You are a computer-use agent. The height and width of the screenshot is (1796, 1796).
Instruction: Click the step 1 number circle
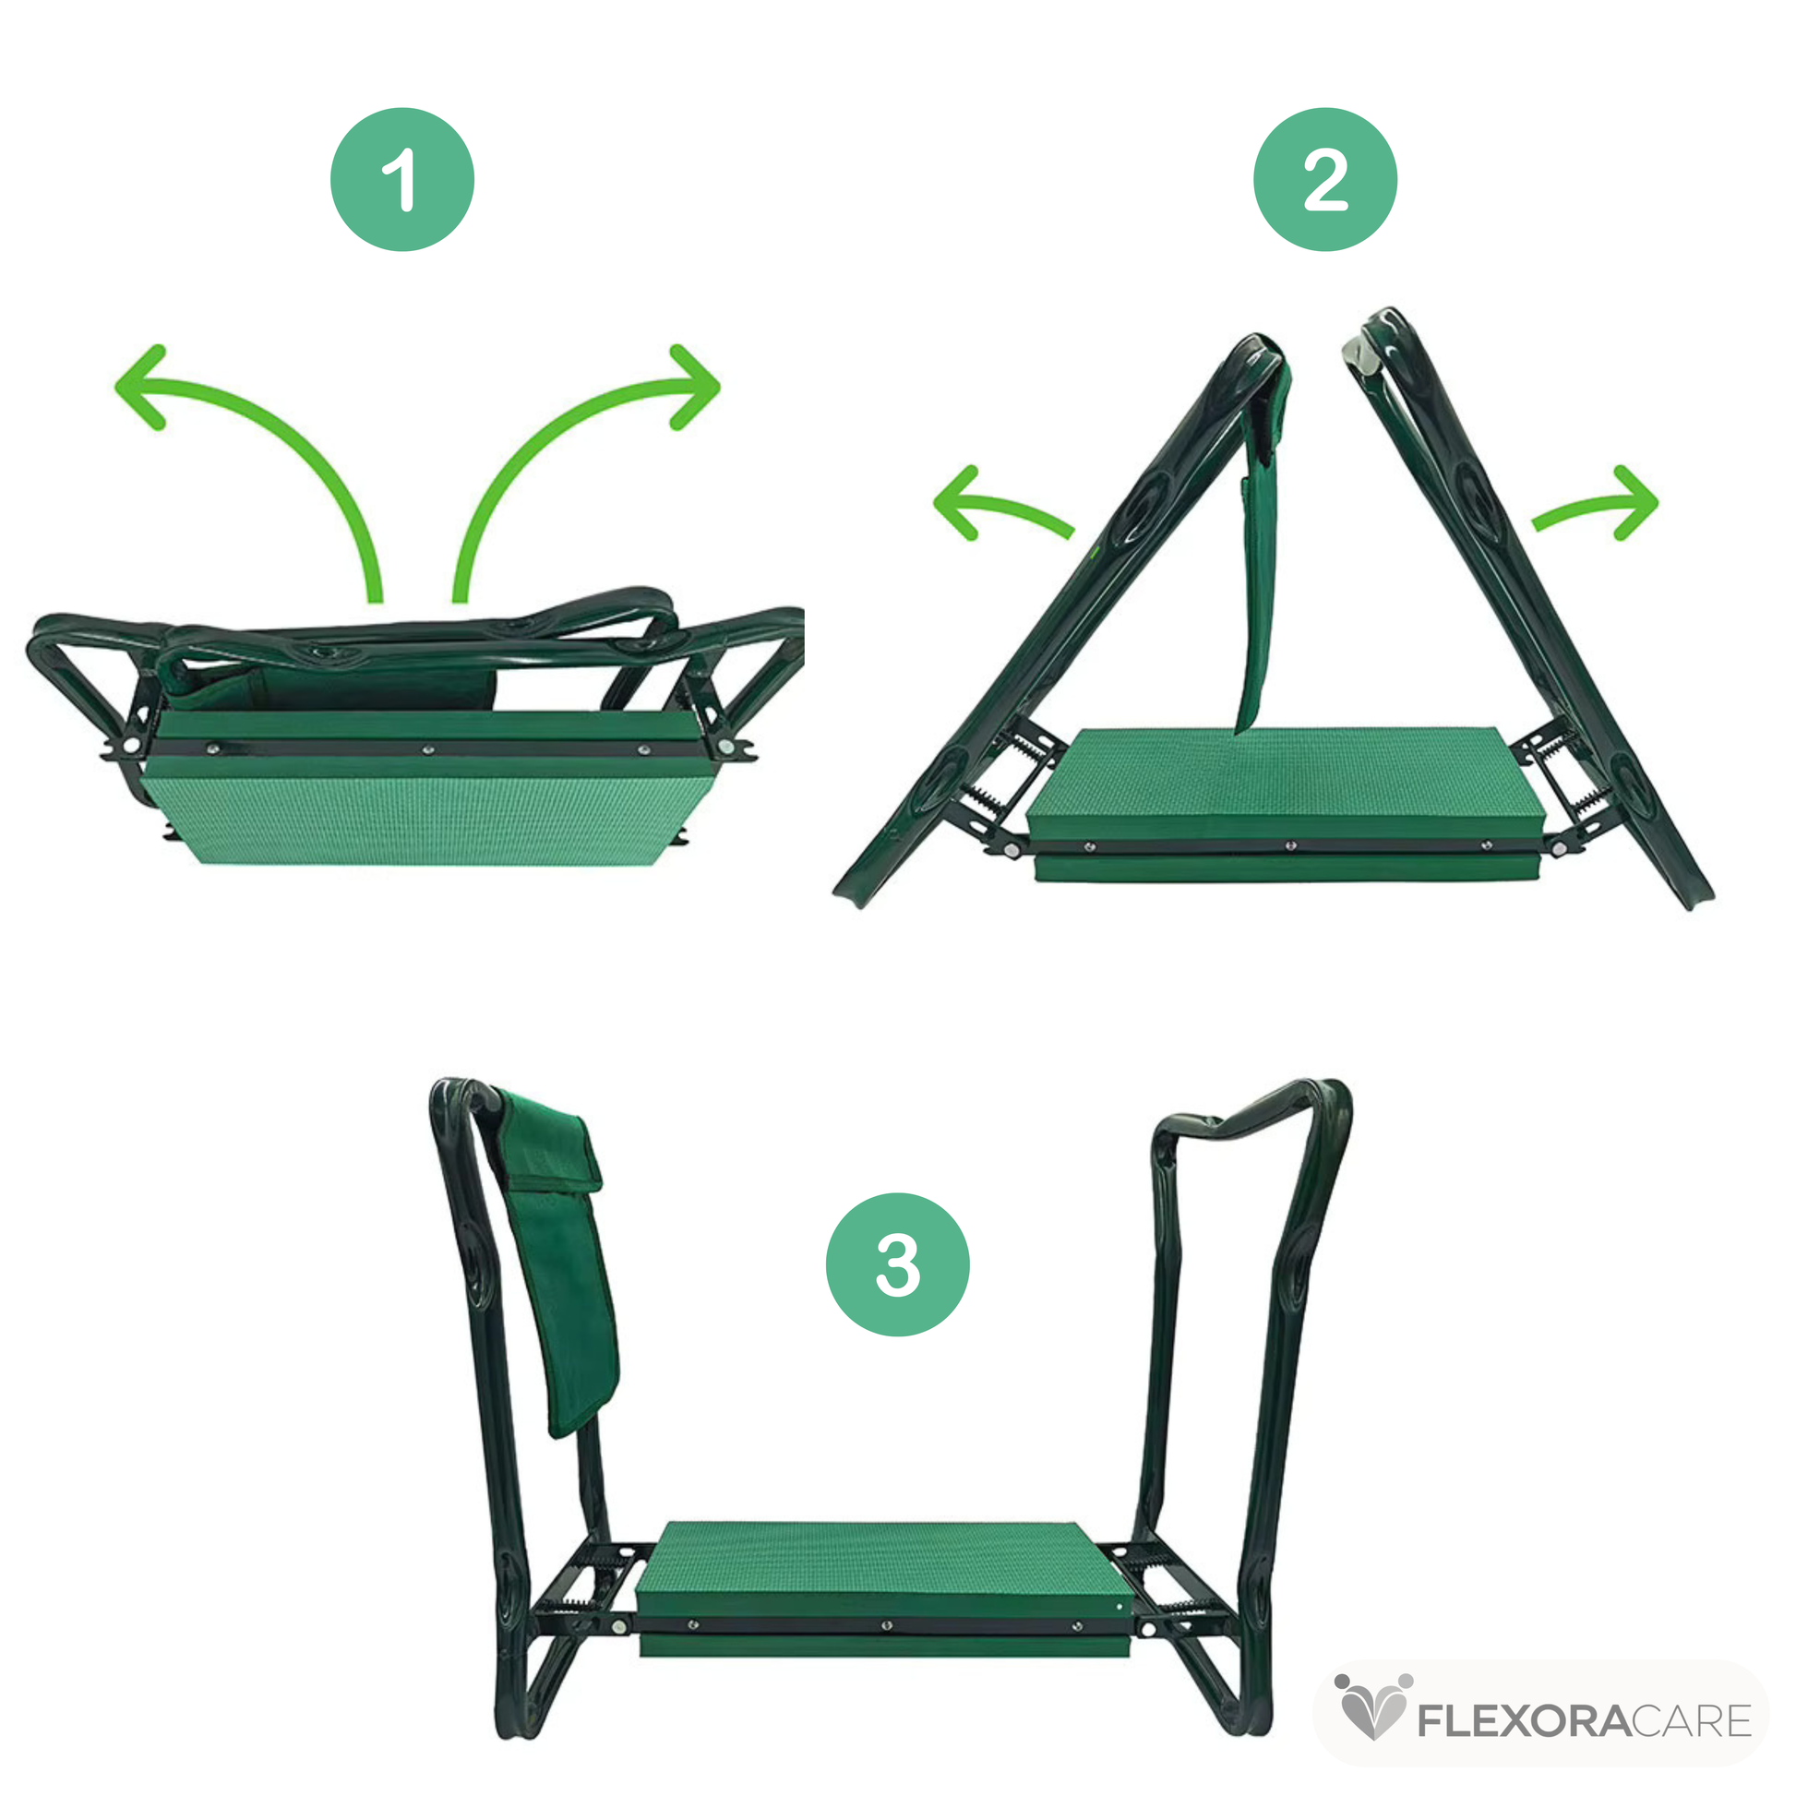pos(402,179)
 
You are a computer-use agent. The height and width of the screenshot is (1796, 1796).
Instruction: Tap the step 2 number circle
pos(1324,179)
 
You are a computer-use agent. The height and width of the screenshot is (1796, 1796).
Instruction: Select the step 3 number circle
pos(897,1264)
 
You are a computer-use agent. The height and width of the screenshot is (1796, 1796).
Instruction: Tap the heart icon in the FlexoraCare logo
pos(1373,1708)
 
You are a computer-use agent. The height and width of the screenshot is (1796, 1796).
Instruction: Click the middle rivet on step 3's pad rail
pos(887,1626)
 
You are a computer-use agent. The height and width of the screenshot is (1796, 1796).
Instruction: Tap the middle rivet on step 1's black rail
pos(428,748)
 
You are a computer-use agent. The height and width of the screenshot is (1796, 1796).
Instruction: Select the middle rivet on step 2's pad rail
pos(1290,845)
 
